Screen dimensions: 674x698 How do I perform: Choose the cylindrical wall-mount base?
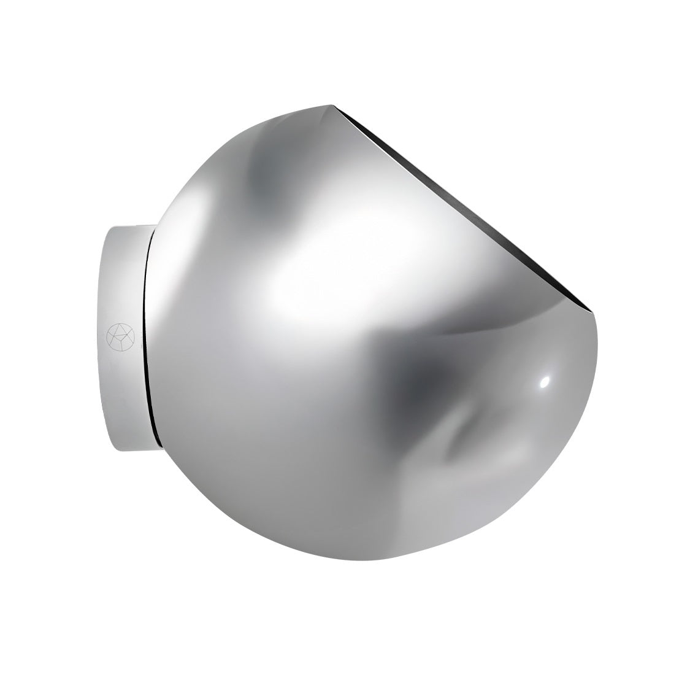tap(126, 335)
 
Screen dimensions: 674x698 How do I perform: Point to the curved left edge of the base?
tap(104, 335)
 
